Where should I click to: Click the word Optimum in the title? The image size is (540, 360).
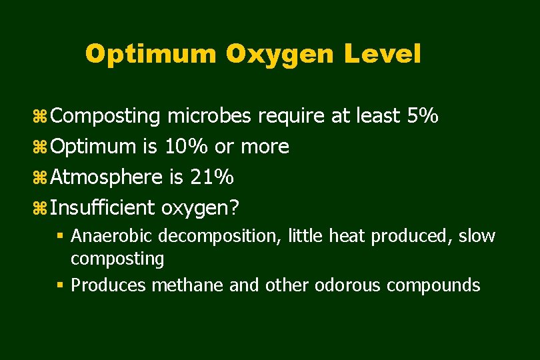[x=151, y=55]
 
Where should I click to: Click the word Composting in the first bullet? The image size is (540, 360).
[x=105, y=117]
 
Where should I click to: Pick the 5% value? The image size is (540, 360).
[x=422, y=117]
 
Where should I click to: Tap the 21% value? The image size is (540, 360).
[x=211, y=177]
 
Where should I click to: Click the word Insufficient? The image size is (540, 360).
[x=103, y=208]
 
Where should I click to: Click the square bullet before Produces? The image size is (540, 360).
[x=60, y=285]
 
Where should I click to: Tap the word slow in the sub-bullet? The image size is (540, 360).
[x=477, y=236]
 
